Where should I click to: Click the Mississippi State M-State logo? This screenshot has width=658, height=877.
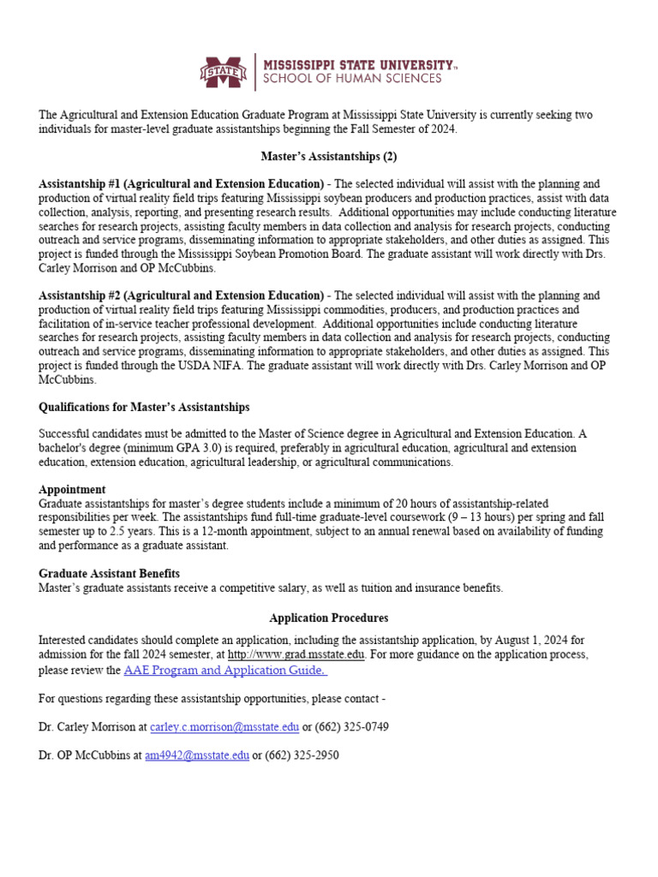click(224, 71)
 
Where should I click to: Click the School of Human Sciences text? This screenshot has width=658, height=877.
click(351, 79)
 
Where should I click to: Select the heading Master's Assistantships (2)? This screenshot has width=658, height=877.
click(328, 157)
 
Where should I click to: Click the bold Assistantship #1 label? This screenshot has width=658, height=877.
click(181, 184)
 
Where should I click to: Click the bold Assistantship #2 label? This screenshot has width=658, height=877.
click(181, 295)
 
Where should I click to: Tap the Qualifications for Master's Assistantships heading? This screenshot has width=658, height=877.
click(144, 407)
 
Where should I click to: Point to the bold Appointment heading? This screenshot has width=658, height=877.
click(72, 490)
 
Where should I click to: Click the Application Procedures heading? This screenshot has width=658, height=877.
click(328, 617)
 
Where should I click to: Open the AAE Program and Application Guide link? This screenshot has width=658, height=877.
click(225, 670)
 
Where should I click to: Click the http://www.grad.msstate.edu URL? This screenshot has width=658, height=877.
click(296, 654)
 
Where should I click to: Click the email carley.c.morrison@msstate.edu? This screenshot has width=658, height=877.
click(224, 727)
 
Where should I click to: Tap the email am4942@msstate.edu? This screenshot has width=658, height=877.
click(197, 755)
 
